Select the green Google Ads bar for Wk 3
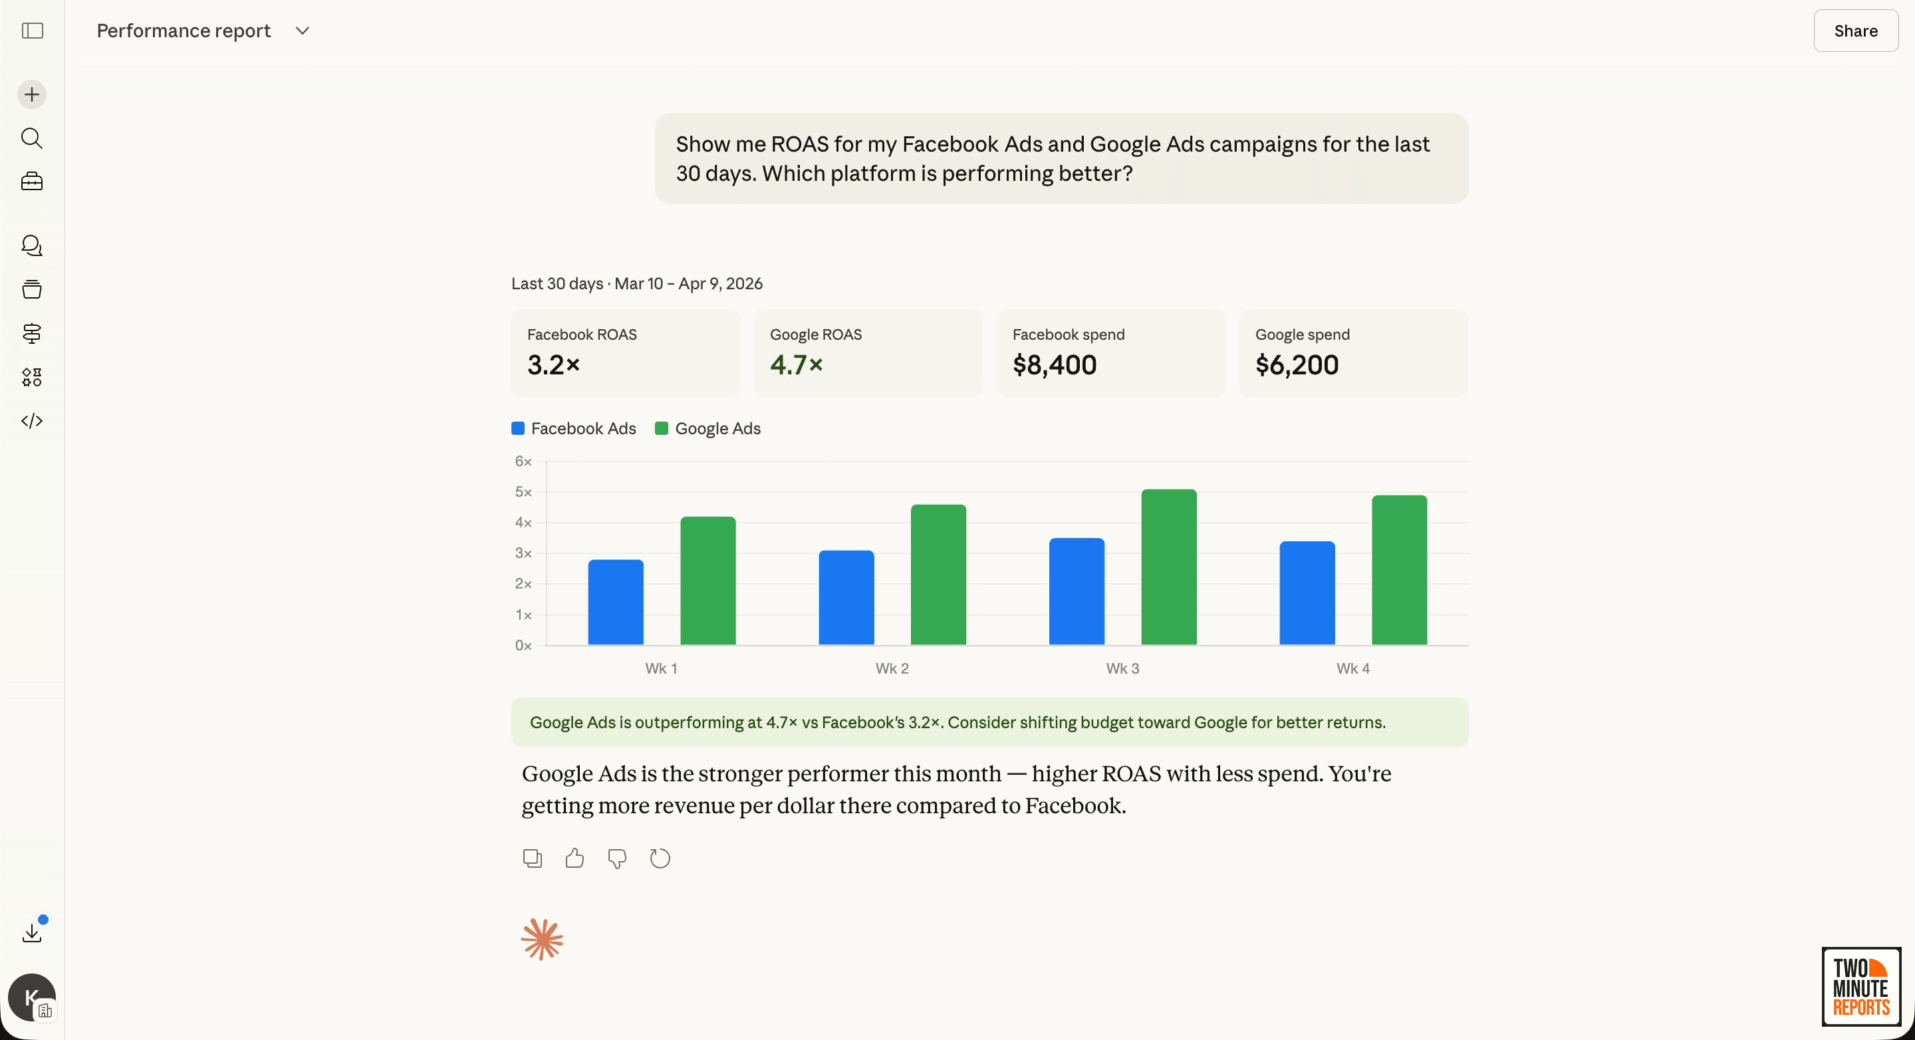pyautogui.click(x=1169, y=567)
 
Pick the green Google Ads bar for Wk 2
pyautogui.click(x=938, y=574)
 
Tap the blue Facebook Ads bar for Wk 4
pyautogui.click(x=1307, y=592)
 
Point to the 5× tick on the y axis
pyautogui.click(x=523, y=492)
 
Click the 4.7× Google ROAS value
pyautogui.click(x=796, y=365)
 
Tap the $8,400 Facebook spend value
pyautogui.click(x=1054, y=365)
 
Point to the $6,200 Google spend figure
pyautogui.click(x=1297, y=365)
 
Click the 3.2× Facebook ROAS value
pyautogui.click(x=553, y=365)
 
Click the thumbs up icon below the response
pyautogui.click(x=574, y=858)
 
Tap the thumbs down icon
pyautogui.click(x=617, y=858)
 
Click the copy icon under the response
pyautogui.click(x=532, y=858)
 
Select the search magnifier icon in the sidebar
pyautogui.click(x=32, y=138)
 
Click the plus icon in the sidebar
pyautogui.click(x=32, y=94)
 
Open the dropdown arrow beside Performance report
pyautogui.click(x=302, y=31)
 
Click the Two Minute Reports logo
pyautogui.click(x=1860, y=987)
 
